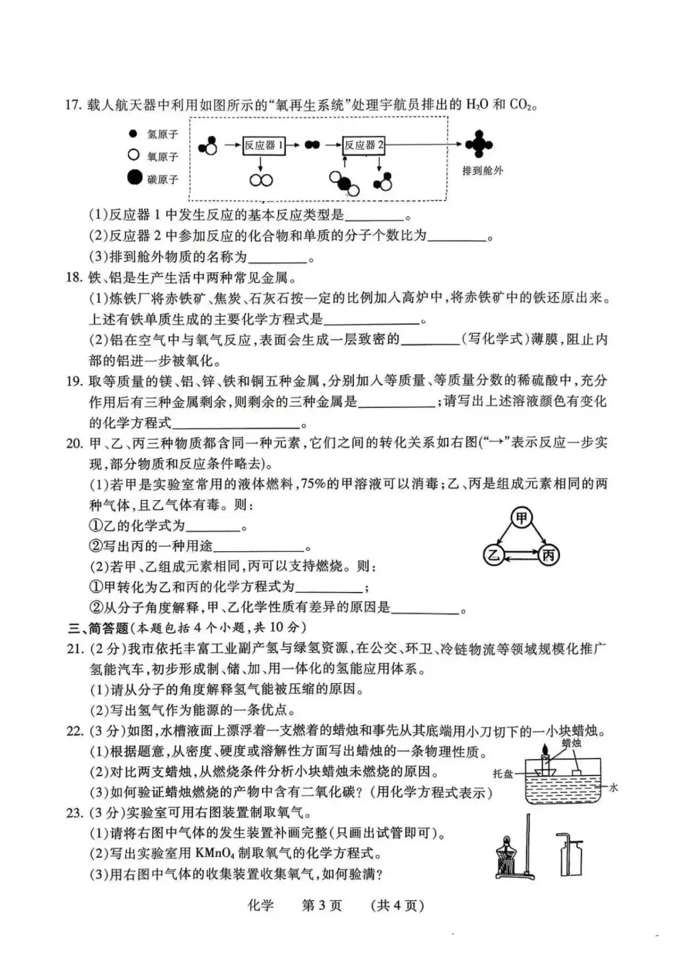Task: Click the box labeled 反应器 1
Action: [263, 146]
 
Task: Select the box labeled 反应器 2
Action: [363, 146]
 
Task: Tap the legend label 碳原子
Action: [163, 180]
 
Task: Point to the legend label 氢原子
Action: [163, 134]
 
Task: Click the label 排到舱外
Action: [482, 170]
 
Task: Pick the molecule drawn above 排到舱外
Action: [479, 145]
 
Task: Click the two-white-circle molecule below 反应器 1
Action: [261, 180]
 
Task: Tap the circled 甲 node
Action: [522, 518]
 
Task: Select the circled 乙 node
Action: [494, 555]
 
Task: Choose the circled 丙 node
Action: [549, 555]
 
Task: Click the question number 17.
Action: [74, 105]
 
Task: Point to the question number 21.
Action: [75, 649]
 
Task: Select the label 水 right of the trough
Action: [613, 787]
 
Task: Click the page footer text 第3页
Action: [322, 906]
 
